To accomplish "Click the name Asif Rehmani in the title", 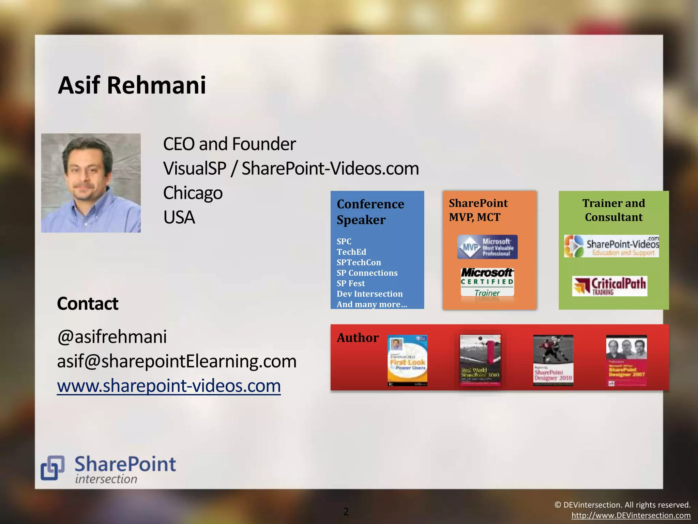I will click(132, 85).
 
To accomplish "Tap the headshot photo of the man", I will click(91, 183).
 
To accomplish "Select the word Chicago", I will click(193, 193).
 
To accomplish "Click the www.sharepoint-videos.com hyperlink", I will click(169, 386).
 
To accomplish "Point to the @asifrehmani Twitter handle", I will click(112, 337).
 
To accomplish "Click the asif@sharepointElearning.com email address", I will click(177, 361).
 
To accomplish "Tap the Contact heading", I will click(88, 304).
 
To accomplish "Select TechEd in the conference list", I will click(351, 252).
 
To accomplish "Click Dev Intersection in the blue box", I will click(369, 294).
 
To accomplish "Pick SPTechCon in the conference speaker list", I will click(359, 263).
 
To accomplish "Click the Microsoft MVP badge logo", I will click(487, 247).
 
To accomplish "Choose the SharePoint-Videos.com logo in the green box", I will click(611, 246).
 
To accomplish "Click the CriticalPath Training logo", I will click(609, 286).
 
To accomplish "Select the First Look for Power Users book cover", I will click(407, 360).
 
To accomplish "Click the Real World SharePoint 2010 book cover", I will click(480, 360).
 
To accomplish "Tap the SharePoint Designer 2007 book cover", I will click(626, 360).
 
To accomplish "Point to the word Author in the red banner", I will click(358, 338).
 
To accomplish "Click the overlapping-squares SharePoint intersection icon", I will click(52, 467).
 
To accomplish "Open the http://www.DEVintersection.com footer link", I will click(631, 515).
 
